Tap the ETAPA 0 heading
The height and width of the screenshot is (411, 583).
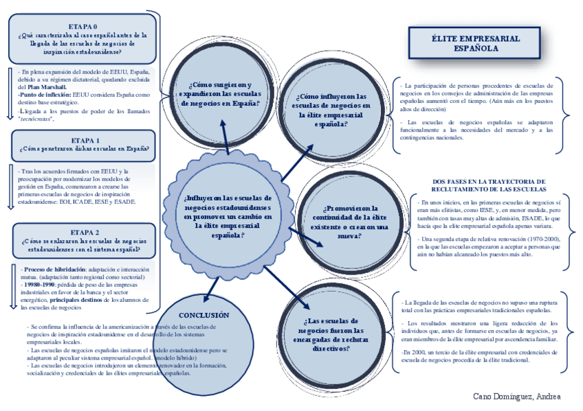[x=82, y=26]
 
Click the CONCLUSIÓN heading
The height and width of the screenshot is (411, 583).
[x=203, y=315]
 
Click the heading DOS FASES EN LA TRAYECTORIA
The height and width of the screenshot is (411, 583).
[x=488, y=185]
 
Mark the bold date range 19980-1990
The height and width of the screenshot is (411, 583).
[x=38, y=285]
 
